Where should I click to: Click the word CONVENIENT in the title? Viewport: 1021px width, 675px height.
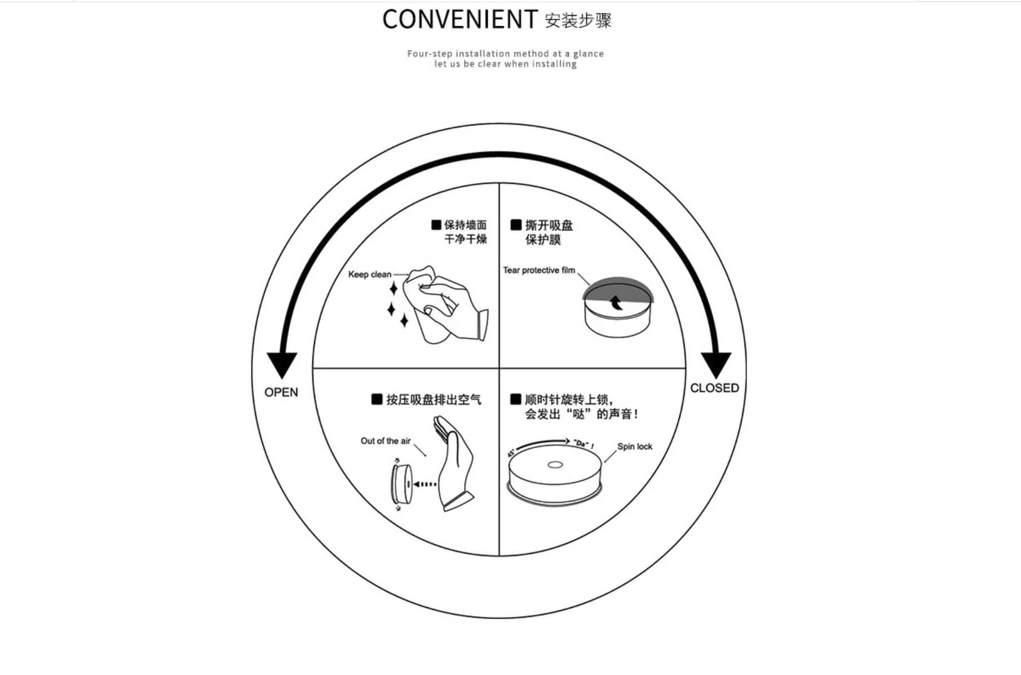tap(459, 20)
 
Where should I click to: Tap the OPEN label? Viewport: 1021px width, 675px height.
tap(281, 392)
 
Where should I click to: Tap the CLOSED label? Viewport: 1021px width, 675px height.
tap(714, 388)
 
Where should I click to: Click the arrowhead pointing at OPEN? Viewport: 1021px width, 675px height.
tap(282, 364)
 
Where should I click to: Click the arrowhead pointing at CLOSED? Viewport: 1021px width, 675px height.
tap(715, 364)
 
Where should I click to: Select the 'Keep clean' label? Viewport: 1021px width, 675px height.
tap(369, 275)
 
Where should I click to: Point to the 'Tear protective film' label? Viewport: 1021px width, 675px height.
tap(538, 271)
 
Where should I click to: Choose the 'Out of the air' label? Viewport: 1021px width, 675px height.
tap(386, 441)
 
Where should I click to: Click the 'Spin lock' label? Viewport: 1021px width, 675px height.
tap(634, 447)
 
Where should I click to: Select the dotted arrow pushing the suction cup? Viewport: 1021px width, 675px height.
tap(425, 484)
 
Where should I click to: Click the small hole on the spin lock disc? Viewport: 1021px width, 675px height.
tap(555, 465)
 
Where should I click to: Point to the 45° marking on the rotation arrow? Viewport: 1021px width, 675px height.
tap(511, 452)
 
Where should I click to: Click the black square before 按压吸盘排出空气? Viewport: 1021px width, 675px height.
tap(377, 399)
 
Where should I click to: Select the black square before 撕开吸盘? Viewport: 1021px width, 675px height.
tap(516, 225)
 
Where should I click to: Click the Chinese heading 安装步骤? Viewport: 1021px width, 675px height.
tap(578, 21)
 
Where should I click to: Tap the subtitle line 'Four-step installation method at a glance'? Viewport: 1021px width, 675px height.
tap(505, 54)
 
